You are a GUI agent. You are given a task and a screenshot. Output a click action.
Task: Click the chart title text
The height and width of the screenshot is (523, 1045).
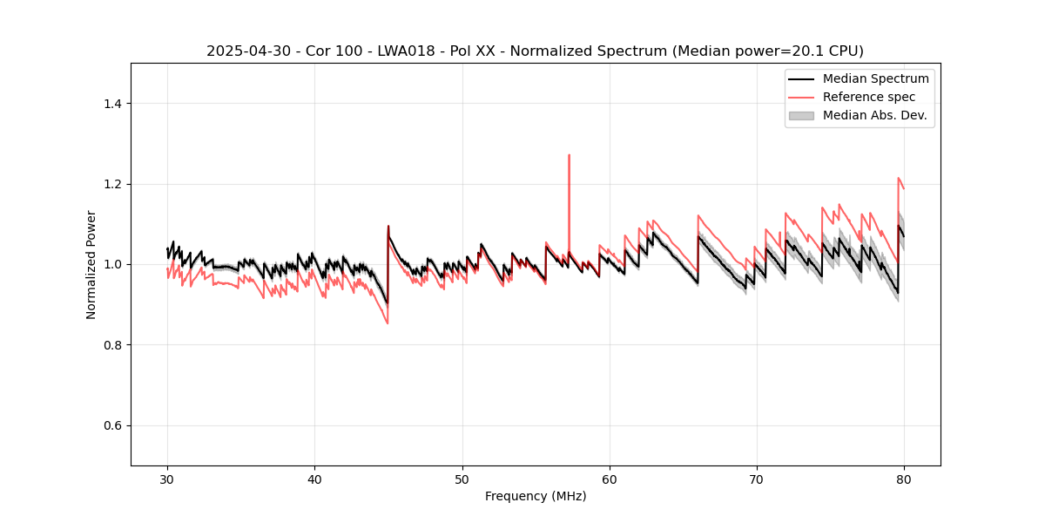[535, 51]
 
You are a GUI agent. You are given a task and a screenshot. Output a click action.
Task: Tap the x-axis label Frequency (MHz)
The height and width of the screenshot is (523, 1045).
[536, 496]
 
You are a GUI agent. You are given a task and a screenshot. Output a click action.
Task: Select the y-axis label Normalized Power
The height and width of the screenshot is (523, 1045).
[91, 264]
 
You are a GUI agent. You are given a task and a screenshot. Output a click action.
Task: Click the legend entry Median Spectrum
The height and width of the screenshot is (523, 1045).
[875, 78]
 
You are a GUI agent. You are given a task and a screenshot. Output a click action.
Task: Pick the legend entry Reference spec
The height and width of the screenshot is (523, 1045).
[869, 97]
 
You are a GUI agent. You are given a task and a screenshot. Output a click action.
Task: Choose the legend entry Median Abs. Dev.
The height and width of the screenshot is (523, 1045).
[874, 115]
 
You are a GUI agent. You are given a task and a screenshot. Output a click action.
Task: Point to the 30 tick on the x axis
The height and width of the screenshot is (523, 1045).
[167, 479]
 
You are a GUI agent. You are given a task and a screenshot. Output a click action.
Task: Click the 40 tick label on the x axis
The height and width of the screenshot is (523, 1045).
[314, 479]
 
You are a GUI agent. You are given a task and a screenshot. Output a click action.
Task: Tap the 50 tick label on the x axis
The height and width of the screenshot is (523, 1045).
[462, 479]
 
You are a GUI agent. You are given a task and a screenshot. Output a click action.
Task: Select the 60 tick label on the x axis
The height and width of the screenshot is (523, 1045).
[610, 479]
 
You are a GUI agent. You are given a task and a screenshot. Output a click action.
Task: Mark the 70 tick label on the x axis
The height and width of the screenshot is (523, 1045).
[757, 479]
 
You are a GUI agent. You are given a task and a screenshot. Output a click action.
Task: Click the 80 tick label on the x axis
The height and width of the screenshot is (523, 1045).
[904, 479]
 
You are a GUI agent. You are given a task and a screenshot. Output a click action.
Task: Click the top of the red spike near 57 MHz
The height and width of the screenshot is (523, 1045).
[569, 156]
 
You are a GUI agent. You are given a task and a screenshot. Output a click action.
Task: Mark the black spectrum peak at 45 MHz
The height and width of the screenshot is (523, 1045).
[388, 227]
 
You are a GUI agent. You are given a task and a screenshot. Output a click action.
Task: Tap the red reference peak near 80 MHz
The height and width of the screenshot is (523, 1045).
[899, 179]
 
